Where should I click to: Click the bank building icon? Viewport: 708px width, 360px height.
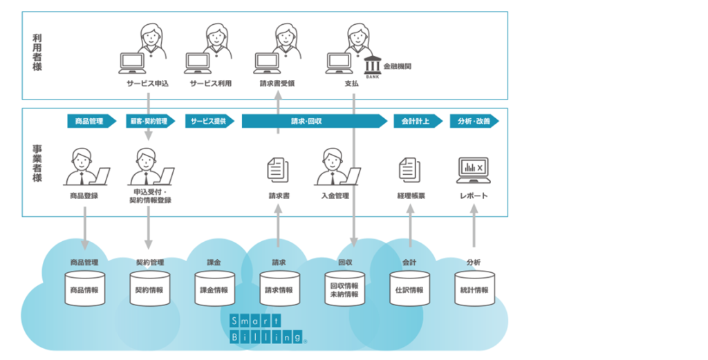(x=373, y=67)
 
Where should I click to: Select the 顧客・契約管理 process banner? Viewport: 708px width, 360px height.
(x=150, y=121)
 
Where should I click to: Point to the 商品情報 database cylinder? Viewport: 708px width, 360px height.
(x=84, y=289)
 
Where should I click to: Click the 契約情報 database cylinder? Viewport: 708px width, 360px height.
(x=149, y=289)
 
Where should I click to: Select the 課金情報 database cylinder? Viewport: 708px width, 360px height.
(x=214, y=289)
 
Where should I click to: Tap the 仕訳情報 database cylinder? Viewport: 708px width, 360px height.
(x=409, y=289)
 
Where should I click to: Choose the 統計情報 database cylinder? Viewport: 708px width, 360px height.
(x=474, y=289)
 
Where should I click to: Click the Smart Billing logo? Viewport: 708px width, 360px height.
(x=268, y=329)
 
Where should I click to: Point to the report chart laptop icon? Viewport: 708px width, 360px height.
(x=474, y=170)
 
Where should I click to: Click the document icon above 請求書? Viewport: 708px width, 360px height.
(x=278, y=170)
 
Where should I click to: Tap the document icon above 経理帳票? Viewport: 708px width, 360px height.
(x=409, y=170)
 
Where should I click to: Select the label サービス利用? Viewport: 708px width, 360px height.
(x=210, y=84)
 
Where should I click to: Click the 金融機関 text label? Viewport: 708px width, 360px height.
(x=398, y=66)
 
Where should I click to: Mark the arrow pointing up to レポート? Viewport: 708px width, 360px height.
(x=474, y=225)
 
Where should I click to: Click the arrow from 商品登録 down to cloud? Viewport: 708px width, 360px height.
(x=84, y=228)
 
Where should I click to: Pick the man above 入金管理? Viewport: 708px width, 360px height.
(x=337, y=167)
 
